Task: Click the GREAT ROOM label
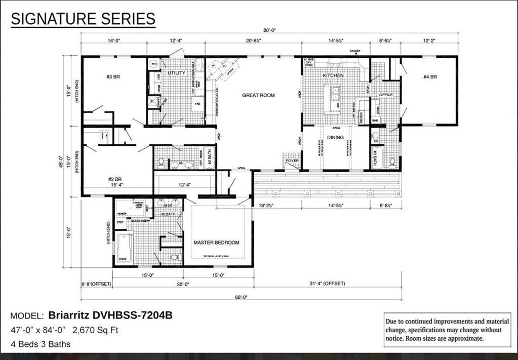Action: click(x=258, y=95)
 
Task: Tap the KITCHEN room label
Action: click(x=333, y=75)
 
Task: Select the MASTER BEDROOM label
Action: click(x=216, y=243)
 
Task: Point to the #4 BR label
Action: click(x=430, y=77)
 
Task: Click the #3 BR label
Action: click(x=112, y=77)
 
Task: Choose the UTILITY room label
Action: click(x=176, y=73)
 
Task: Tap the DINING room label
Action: click(x=335, y=137)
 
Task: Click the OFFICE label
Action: click(x=386, y=95)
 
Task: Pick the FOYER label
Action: click(x=292, y=161)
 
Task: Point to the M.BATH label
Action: click(x=168, y=214)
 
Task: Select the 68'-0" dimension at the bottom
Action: click(x=241, y=298)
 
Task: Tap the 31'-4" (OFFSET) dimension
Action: click(x=328, y=284)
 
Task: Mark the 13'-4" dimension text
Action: click(x=184, y=185)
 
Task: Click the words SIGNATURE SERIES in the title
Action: click(x=83, y=19)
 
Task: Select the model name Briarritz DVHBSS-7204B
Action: click(x=110, y=315)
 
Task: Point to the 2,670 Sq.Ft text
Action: click(x=95, y=331)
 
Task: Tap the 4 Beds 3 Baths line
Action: click(x=41, y=344)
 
